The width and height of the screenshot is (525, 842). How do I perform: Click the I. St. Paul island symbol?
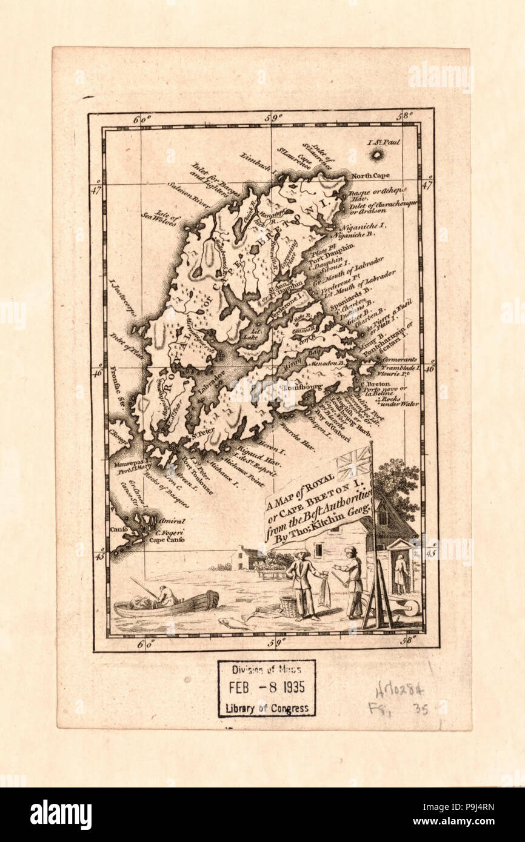377,155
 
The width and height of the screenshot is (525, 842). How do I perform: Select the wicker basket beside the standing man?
289,606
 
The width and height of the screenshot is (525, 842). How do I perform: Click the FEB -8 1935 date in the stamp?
267,688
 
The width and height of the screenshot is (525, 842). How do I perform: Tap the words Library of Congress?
267,708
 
